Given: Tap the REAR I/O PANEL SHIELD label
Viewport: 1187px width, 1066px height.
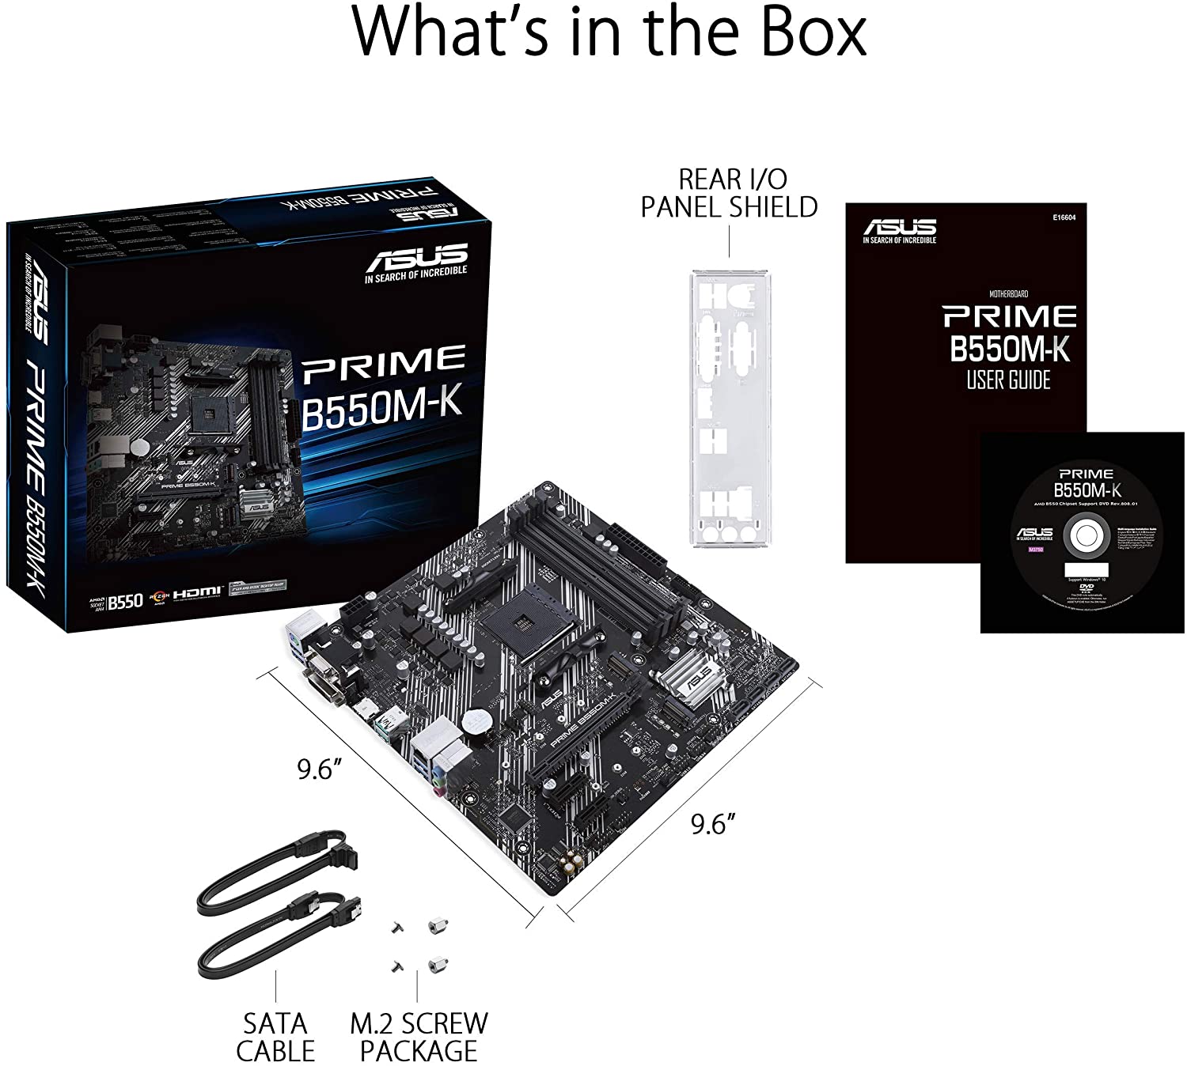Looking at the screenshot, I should [728, 193].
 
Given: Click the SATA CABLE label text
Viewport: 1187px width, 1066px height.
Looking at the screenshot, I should [275, 1037].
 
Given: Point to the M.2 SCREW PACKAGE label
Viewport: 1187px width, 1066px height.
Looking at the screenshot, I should [419, 1037].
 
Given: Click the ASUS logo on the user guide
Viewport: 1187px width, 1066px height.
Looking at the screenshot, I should [900, 229].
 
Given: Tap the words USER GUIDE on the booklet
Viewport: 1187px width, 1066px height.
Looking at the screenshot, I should [1007, 381].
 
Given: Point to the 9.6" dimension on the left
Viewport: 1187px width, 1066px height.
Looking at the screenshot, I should [319, 769].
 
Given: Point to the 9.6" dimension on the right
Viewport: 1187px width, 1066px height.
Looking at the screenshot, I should [709, 824].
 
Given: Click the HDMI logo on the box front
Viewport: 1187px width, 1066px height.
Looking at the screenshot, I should [197, 592].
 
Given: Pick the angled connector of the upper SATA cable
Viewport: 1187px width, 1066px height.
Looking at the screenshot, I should [347, 856].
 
